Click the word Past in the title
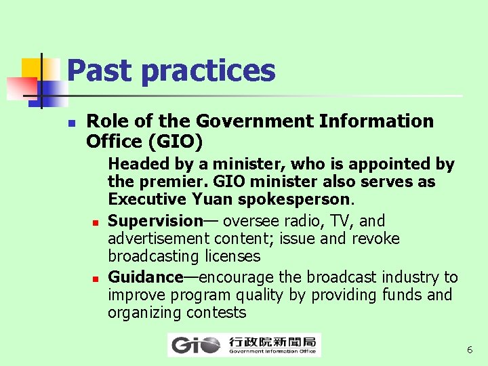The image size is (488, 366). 93,70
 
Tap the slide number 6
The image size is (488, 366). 470,350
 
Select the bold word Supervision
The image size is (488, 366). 155,221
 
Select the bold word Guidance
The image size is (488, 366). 146,278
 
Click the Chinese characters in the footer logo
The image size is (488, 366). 273,341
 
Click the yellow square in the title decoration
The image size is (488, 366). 30,68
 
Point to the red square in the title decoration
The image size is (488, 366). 20,87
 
